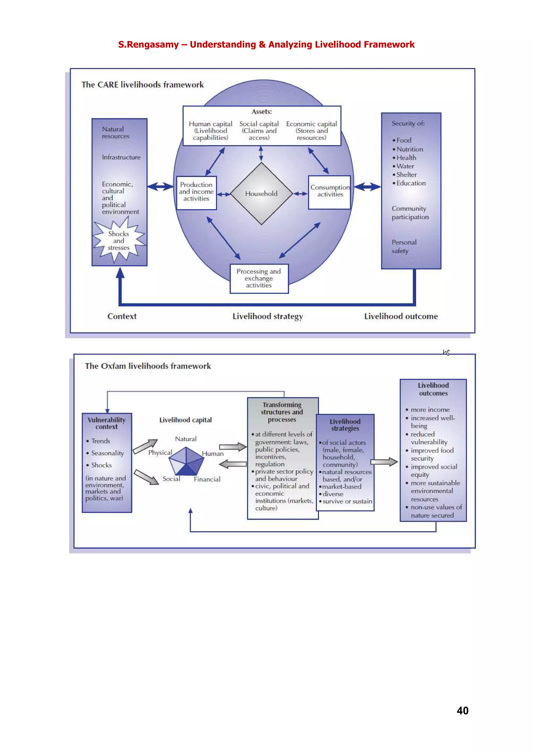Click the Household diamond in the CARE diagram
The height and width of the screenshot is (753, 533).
261,194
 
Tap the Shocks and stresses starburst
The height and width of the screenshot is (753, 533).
119,241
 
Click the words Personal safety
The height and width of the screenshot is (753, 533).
404,247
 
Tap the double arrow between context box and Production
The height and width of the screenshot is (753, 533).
160,187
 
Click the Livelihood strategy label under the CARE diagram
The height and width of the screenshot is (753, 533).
268,316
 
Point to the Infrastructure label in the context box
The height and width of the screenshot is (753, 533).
121,157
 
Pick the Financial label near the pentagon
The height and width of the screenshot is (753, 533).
207,479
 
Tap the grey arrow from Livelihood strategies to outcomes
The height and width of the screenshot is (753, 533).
384,462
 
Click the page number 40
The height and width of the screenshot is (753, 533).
462,710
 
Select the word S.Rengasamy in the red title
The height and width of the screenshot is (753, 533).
148,45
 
